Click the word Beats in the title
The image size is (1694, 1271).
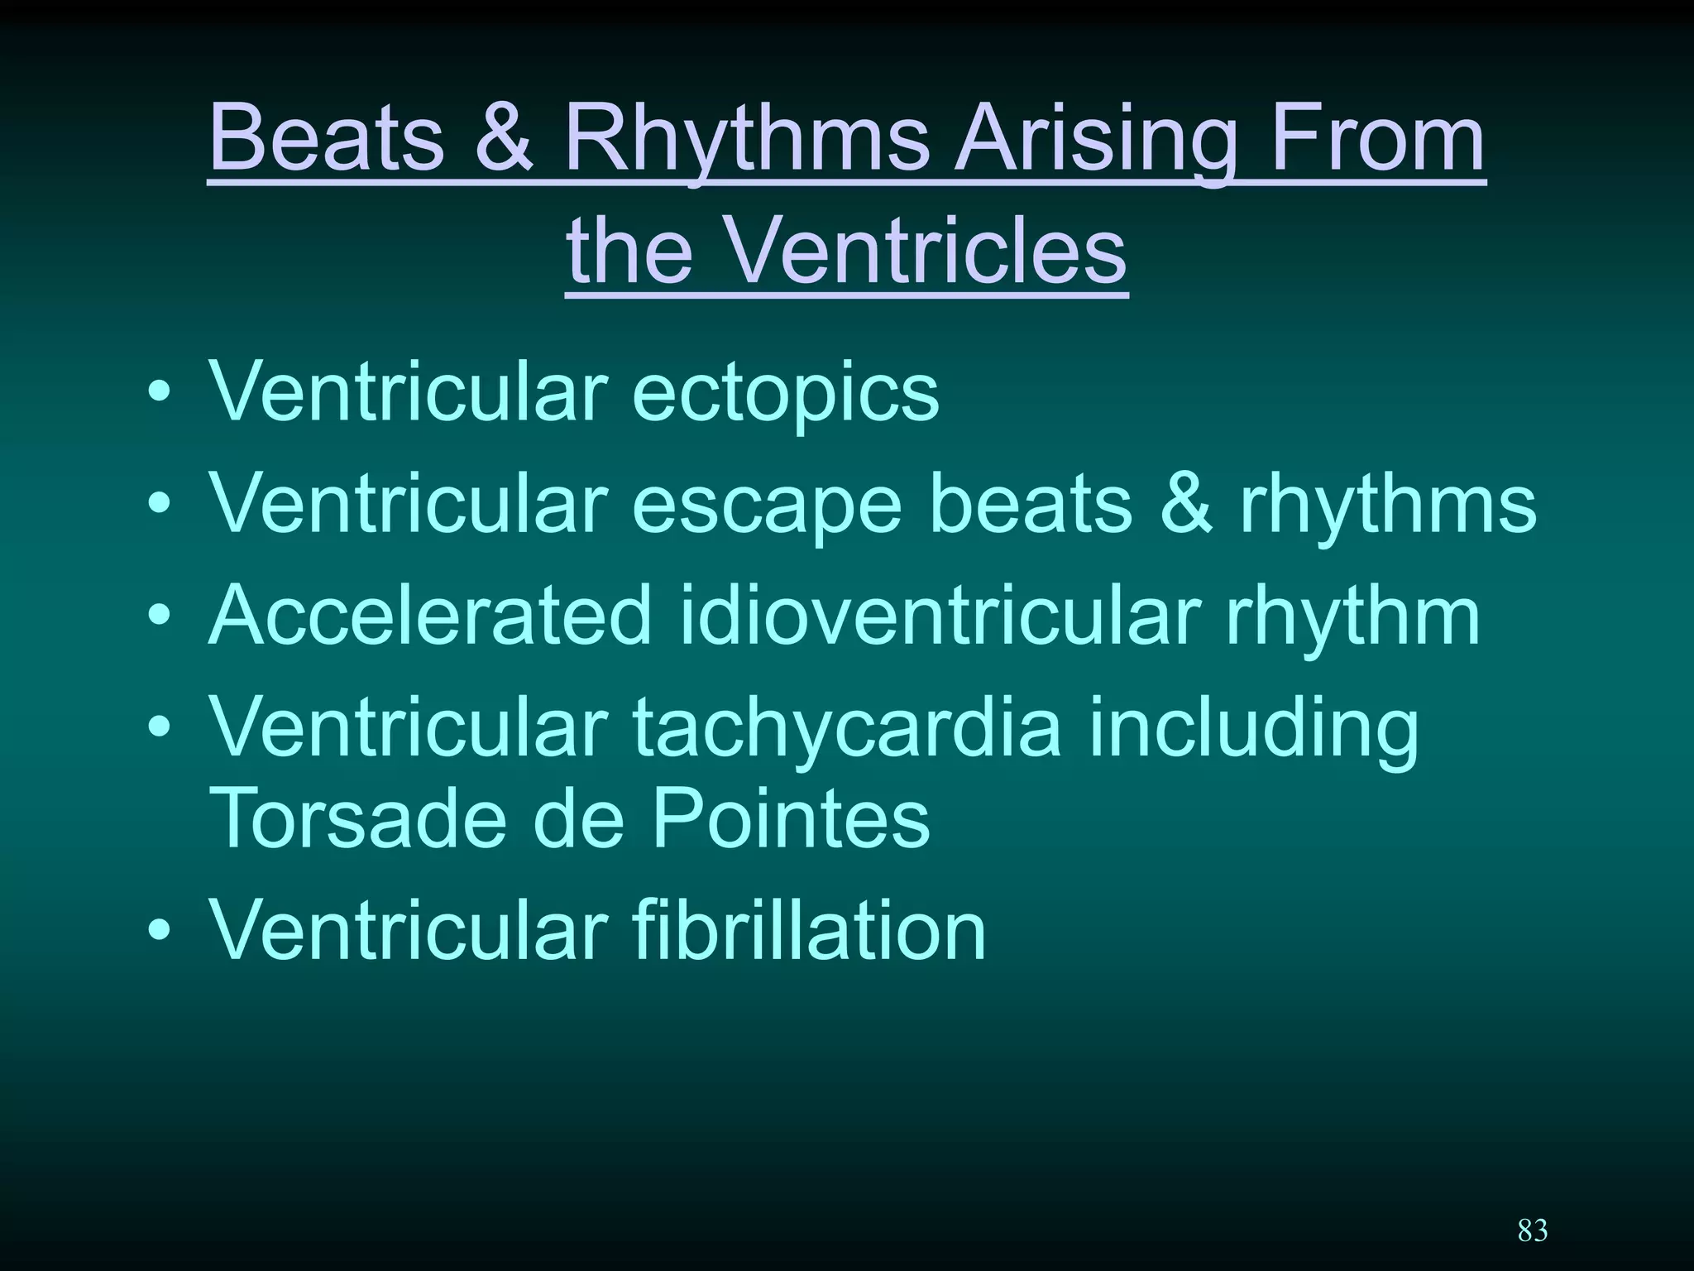(327, 137)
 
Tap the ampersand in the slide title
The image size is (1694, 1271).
(504, 137)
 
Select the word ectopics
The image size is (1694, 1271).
(785, 393)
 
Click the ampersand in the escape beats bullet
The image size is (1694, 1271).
(1185, 504)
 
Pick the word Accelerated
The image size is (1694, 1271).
(430, 616)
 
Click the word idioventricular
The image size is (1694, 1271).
(940, 616)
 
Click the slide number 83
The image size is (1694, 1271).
(1532, 1230)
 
